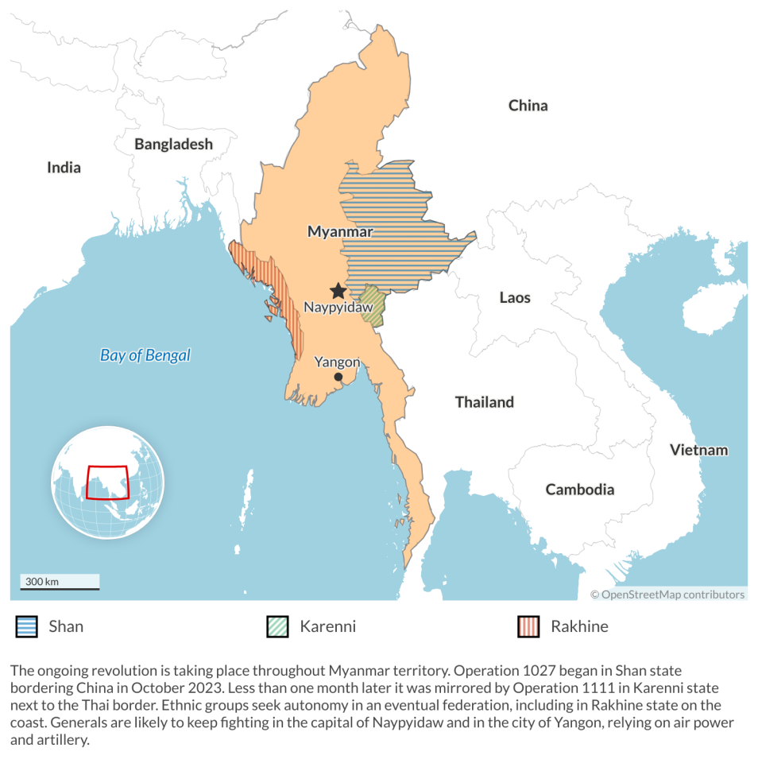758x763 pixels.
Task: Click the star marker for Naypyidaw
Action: pos(338,291)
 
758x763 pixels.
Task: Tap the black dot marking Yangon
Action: pos(338,377)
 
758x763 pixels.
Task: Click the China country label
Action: pos(528,105)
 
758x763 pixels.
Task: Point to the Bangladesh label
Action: pos(173,144)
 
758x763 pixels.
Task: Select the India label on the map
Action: pos(64,167)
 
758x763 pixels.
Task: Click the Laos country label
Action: pos(515,297)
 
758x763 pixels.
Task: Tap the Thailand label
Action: pos(484,401)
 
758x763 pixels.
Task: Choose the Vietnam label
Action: pos(698,450)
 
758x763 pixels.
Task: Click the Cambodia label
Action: pos(579,489)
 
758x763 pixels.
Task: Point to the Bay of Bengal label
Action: pos(145,355)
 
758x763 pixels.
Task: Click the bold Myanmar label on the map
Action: pos(340,231)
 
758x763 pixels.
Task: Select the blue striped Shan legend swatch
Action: pos(26,626)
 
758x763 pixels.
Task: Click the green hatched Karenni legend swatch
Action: pos(277,626)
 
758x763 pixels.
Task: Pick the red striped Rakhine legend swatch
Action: pos(528,626)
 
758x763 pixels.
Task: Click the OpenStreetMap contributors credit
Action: pos(667,594)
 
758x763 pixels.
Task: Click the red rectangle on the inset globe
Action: pos(107,482)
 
